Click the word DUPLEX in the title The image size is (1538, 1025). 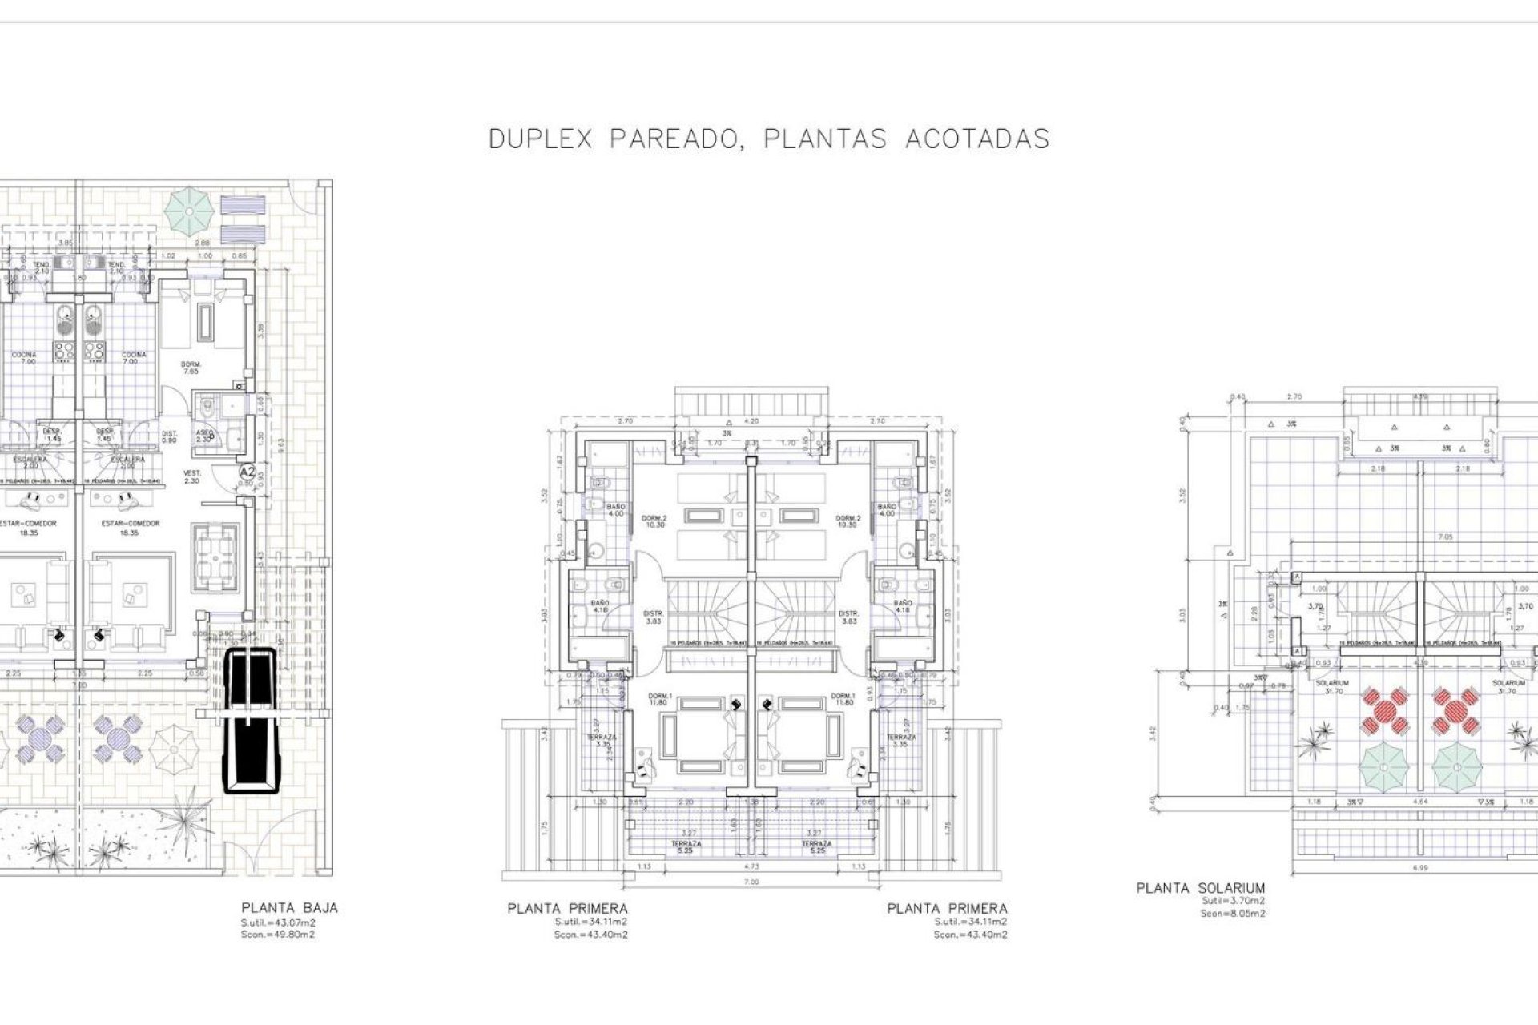[x=540, y=139]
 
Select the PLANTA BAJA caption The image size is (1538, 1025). [x=289, y=908]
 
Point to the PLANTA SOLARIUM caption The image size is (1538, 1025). [x=1200, y=888]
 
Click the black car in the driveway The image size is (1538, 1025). [x=250, y=720]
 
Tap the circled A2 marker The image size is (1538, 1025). [x=248, y=472]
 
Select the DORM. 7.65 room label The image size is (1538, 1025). [x=191, y=368]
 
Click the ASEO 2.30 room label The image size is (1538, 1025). [x=204, y=436]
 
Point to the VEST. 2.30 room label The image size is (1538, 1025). [x=192, y=476]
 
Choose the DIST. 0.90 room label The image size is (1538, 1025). [x=169, y=436]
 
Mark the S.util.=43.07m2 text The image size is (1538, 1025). [x=278, y=922]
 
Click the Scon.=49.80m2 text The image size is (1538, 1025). [x=278, y=935]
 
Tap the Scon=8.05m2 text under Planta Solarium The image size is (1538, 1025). [x=1233, y=914]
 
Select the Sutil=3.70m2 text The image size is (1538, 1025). [x=1233, y=901]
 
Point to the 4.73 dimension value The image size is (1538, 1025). [x=751, y=866]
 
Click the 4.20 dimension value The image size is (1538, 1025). [x=751, y=420]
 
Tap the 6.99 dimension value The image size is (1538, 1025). [x=1419, y=867]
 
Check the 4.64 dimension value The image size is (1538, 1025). [x=1421, y=802]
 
